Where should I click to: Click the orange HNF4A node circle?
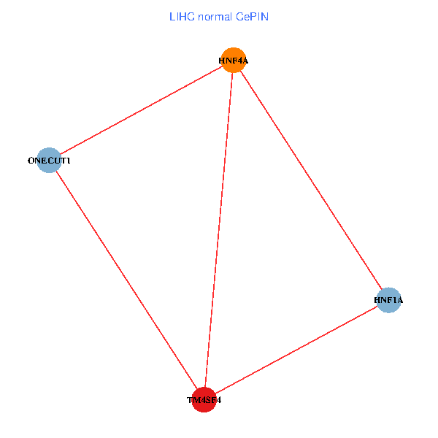tap(234, 60)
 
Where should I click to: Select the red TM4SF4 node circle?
tap(204, 400)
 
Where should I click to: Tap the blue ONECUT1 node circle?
tap(49, 161)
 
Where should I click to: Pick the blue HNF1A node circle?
tap(389, 300)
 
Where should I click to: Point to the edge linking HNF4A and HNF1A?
tap(311, 180)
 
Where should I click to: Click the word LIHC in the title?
tap(181, 16)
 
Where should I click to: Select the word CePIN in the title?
tap(251, 16)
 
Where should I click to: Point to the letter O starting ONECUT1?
tap(31, 161)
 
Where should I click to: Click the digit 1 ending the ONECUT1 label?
tap(69, 161)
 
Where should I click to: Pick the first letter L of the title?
tap(172, 16)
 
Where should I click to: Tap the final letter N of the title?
tap(265, 16)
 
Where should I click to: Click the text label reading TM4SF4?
tap(204, 400)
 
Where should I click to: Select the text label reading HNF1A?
tap(389, 300)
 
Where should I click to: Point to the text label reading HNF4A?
tap(234, 61)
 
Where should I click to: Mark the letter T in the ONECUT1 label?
tap(64, 161)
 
